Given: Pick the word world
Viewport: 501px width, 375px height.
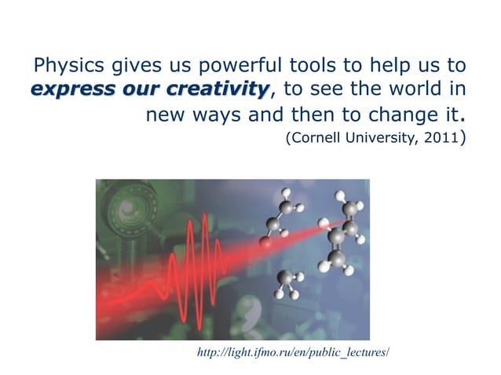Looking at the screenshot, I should coord(417,90).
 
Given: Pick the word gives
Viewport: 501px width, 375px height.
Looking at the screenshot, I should coord(122,64).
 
